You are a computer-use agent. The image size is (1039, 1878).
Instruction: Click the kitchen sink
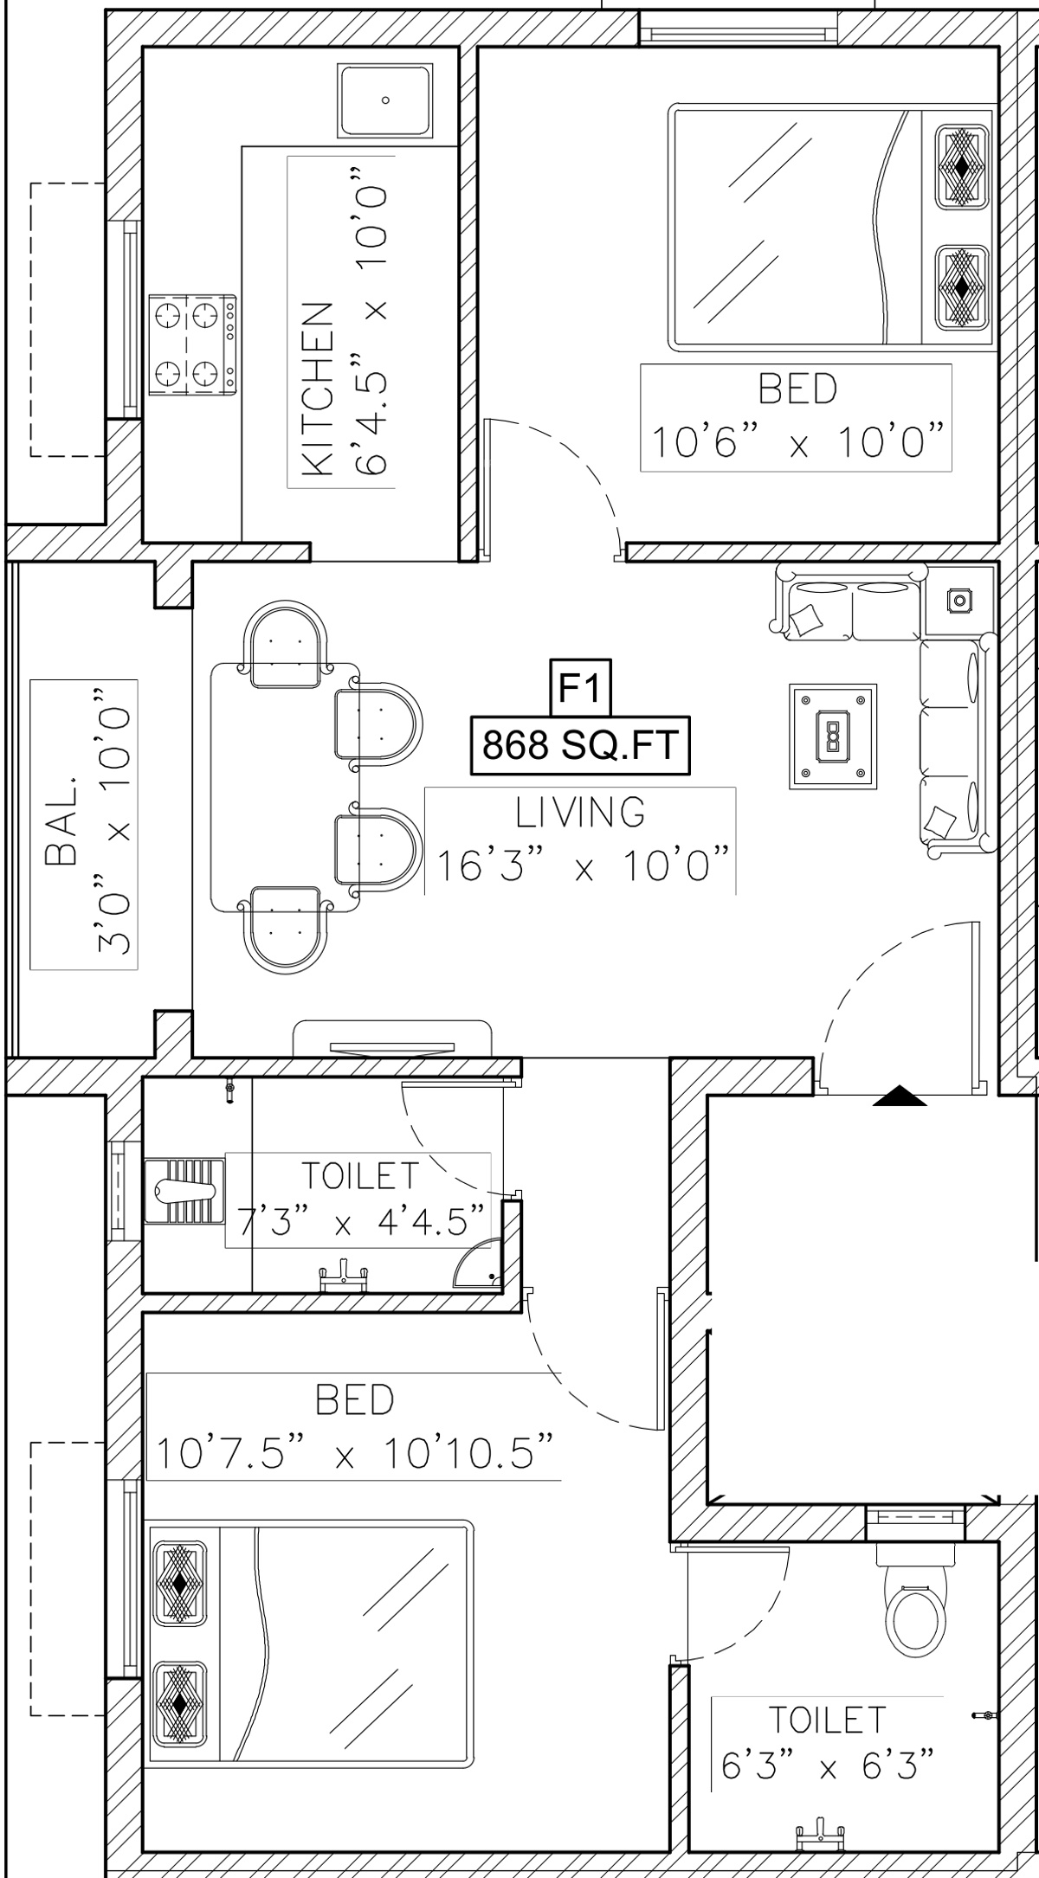pos(385,100)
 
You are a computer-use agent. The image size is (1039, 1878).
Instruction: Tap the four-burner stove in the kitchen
pos(192,345)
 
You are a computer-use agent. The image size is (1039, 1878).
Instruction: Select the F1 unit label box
pos(582,688)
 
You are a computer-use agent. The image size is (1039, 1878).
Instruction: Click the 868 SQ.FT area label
pos(580,745)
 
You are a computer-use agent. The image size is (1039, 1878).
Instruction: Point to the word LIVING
pos(581,813)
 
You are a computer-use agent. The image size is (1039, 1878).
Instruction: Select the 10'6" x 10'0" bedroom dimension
pos(797,443)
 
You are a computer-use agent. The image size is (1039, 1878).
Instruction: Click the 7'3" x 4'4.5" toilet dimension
pos(359,1222)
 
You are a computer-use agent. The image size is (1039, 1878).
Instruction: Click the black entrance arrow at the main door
pos(900,1097)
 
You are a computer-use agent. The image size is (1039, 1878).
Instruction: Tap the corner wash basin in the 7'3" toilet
pos(477,1264)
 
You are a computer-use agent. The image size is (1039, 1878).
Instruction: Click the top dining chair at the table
pos(287,647)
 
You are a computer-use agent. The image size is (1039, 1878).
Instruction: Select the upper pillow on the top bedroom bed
pos(961,167)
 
